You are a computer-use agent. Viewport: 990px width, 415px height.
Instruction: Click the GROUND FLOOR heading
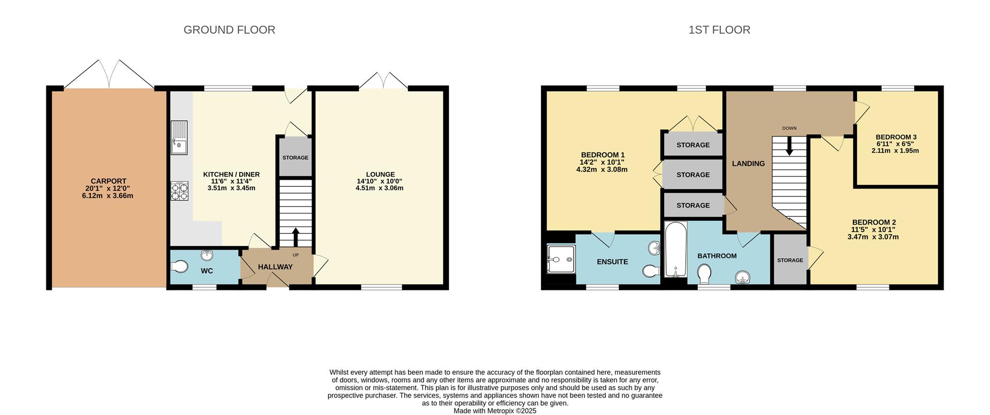tap(229, 30)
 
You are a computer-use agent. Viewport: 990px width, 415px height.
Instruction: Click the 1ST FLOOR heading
tap(719, 30)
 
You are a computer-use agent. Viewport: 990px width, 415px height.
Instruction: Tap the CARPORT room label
tap(108, 181)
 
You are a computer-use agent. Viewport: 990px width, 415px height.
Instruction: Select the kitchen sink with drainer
tap(179, 137)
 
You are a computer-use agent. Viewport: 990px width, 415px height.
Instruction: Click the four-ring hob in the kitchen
tap(179, 192)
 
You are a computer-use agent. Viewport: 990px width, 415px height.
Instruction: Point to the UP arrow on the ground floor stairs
tap(296, 237)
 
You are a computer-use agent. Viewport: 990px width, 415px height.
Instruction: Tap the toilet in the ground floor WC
tap(179, 267)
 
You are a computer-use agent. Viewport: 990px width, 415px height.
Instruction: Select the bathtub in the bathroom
tap(675, 249)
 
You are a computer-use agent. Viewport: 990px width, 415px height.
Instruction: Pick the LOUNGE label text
tap(380, 175)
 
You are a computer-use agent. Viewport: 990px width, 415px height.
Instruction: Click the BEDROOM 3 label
tap(896, 137)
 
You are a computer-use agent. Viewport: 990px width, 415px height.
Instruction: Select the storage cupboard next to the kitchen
tap(295, 158)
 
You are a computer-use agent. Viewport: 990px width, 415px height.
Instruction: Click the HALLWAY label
tap(275, 267)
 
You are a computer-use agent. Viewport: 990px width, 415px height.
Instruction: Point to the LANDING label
tap(748, 164)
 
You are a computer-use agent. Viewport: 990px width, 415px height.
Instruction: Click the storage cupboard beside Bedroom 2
tap(790, 260)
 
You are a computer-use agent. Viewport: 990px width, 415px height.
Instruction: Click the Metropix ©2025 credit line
tap(494, 411)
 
